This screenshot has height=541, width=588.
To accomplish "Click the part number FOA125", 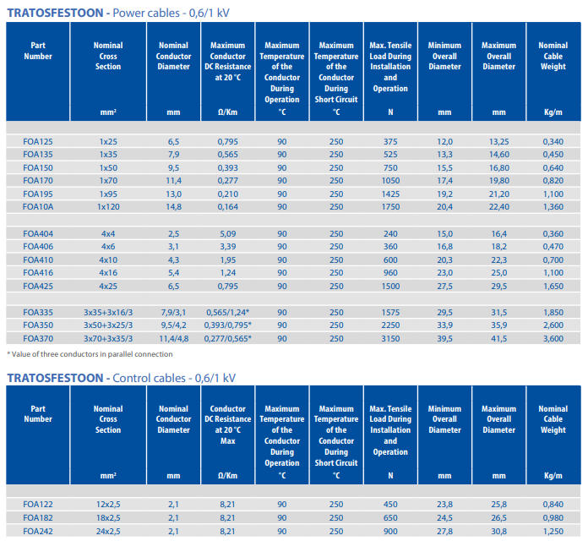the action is click(x=38, y=142).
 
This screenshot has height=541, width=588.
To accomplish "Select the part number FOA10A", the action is click(x=38, y=207).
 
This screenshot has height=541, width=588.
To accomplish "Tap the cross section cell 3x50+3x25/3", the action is click(x=108, y=325).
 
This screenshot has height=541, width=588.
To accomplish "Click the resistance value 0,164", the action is click(x=227, y=207).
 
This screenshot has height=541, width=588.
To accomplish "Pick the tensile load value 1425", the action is click(x=390, y=194).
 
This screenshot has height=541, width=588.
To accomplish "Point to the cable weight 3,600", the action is click(x=553, y=339).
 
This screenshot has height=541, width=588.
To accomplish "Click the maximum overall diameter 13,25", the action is click(x=498, y=142).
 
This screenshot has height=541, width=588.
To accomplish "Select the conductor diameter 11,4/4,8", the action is click(x=174, y=339).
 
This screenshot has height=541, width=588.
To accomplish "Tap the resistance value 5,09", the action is click(x=227, y=234).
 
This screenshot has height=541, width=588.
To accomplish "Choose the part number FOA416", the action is click(x=38, y=273).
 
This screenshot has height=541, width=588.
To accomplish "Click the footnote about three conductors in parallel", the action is click(x=90, y=354).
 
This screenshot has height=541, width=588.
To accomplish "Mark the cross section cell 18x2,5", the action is click(x=108, y=518).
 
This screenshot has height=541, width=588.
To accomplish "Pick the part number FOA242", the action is click(x=38, y=532).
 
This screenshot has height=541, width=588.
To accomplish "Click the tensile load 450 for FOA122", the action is click(x=390, y=505).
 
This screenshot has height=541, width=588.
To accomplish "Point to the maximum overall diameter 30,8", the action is click(x=498, y=532).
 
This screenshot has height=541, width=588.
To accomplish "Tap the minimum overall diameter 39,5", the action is click(x=444, y=339).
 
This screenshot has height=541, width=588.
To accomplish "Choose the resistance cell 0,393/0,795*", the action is click(x=227, y=325).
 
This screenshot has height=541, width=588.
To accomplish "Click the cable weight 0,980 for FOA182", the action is click(x=553, y=518).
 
